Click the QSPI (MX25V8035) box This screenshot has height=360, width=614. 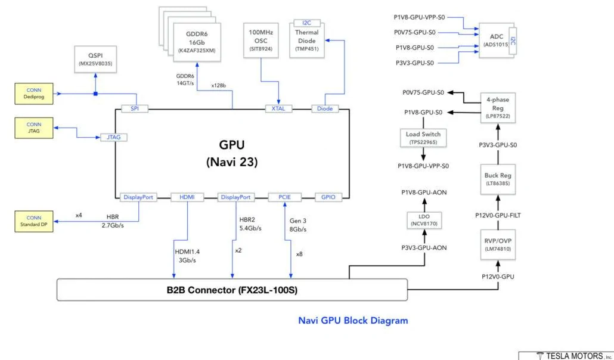click(96, 59)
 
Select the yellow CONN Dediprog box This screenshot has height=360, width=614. click(34, 92)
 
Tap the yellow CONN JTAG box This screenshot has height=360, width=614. click(34, 128)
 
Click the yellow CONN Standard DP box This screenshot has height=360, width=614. click(34, 221)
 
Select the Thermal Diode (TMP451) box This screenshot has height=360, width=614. click(306, 39)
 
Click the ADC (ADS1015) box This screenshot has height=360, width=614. click(497, 40)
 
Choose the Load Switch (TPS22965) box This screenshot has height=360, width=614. click(423, 138)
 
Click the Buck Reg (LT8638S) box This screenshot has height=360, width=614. click(497, 179)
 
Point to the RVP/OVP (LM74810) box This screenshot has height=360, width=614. click(497, 244)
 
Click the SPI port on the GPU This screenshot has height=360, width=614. click(135, 109)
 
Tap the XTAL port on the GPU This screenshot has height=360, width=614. click(279, 109)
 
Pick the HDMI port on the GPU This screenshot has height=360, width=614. click(187, 197)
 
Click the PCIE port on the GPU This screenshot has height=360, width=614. click(283, 197)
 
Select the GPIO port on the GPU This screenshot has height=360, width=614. click(328, 197)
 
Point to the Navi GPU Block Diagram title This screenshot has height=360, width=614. click(353, 321)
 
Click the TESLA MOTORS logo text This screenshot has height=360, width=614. click(569, 356)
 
